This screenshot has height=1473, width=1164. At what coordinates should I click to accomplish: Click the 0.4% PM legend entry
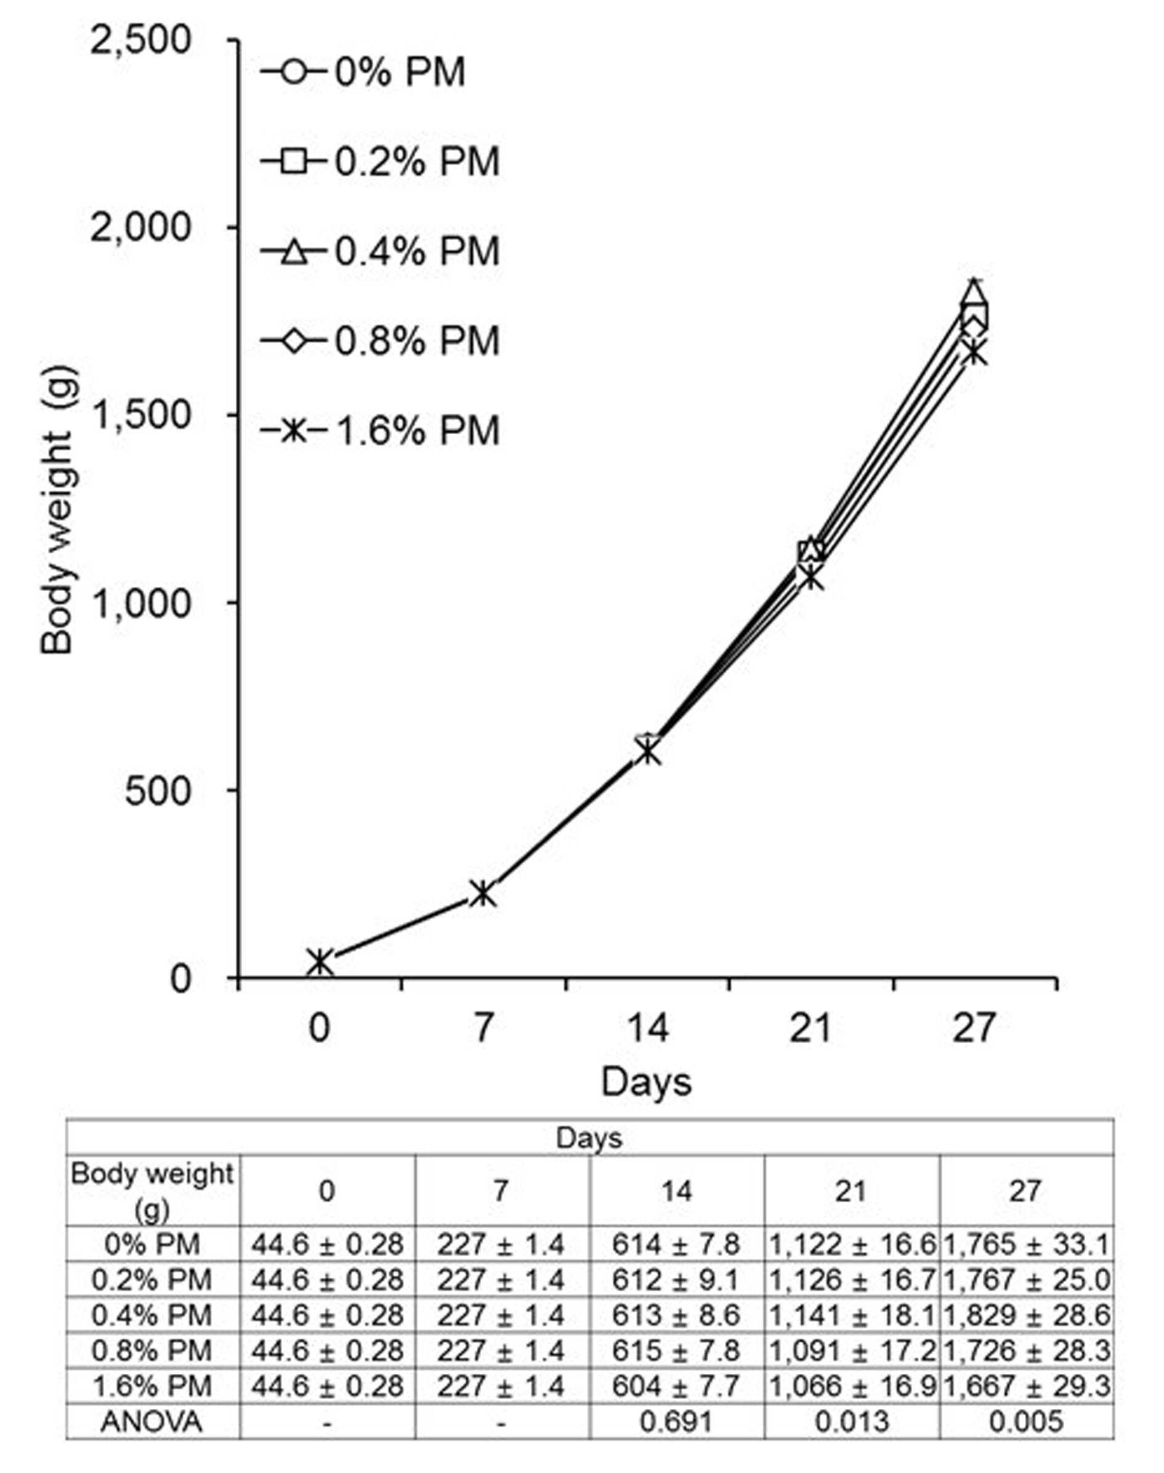pos(380,251)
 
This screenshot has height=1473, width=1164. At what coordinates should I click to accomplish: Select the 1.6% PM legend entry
pos(380,430)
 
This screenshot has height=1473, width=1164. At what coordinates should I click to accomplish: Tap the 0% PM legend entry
pos(363,72)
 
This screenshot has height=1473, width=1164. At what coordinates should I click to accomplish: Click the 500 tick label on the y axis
pos(158,791)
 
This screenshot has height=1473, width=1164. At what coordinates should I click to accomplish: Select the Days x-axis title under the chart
pos(646,1081)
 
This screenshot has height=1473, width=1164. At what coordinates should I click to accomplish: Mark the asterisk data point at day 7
pos(483,894)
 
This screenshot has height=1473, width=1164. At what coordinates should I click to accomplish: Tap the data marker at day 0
pos(320,961)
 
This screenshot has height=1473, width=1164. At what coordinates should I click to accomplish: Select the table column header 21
pos(852,1191)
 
